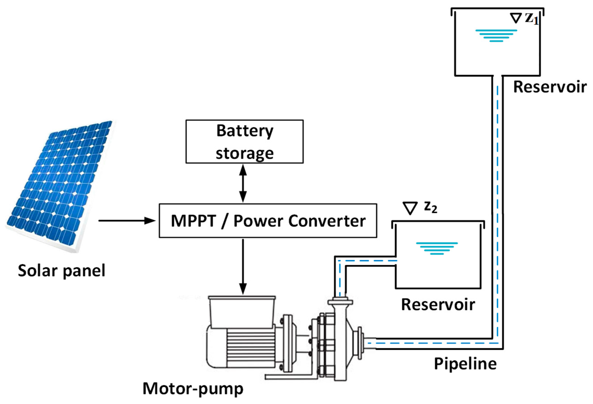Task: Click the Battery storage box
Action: coord(244,141)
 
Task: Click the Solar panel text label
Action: coord(61,271)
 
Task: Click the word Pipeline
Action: coord(465,364)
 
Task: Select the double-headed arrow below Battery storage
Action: coord(243,183)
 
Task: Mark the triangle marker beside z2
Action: coord(410,208)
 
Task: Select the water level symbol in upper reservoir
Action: coord(496,35)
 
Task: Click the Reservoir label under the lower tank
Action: coord(438,305)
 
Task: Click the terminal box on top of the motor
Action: coord(242,312)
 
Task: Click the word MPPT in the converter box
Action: coord(193,221)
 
